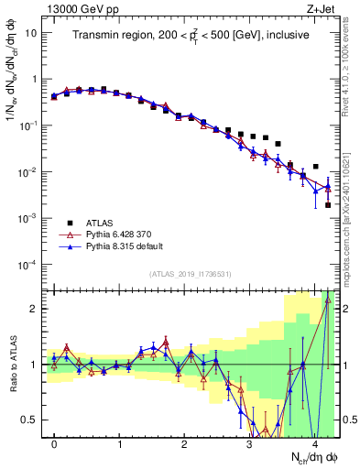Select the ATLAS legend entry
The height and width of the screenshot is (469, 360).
[x=98, y=224]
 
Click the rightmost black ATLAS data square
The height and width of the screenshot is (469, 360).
[x=328, y=205]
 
